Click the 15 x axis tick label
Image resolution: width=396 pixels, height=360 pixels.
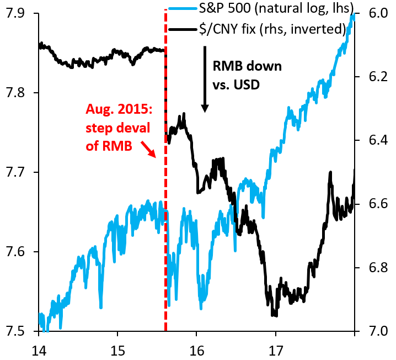tap(117, 350)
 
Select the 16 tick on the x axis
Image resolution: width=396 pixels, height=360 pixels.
tap(197, 350)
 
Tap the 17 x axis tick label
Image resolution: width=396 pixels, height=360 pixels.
tap(276, 350)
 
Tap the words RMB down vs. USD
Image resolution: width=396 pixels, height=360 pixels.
tap(247, 75)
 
